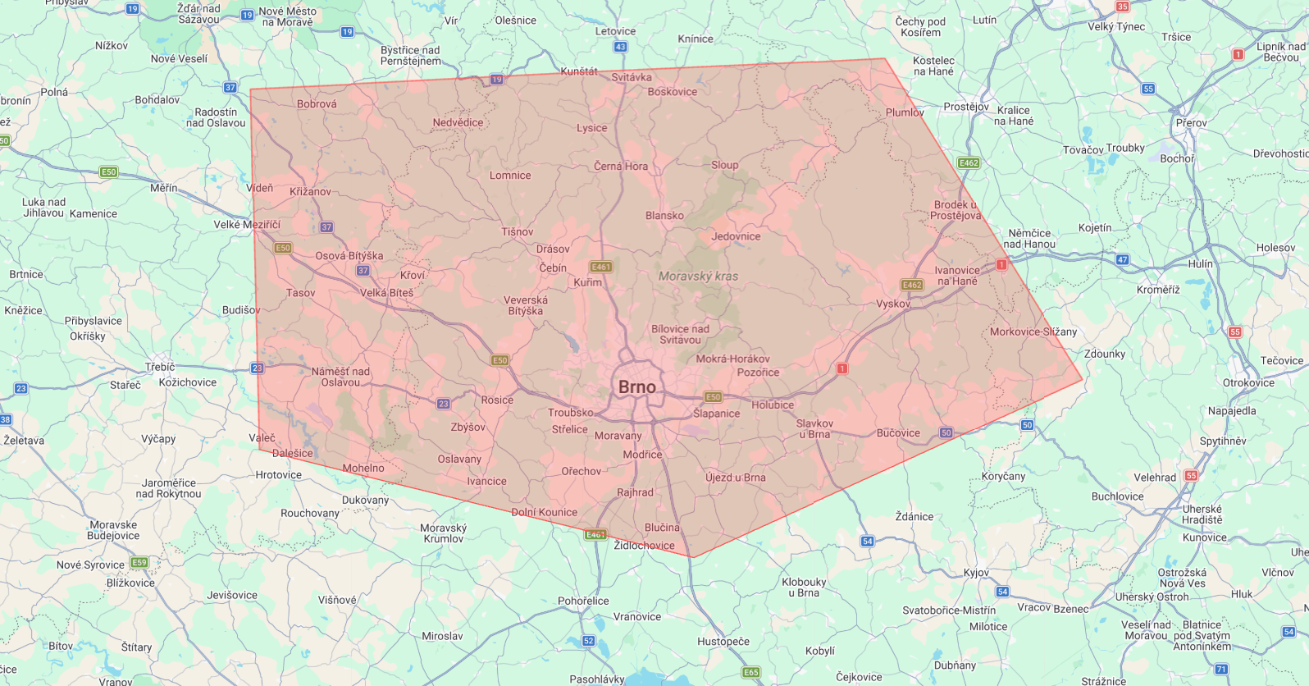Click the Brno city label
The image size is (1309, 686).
[x=637, y=387]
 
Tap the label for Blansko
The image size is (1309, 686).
[x=664, y=216]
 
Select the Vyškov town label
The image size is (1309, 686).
[x=893, y=304]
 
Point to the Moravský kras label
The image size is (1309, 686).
[x=698, y=277]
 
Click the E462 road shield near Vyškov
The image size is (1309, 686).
[x=912, y=285]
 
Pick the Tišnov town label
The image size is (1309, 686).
[x=518, y=232]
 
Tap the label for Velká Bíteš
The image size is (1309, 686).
[x=387, y=293]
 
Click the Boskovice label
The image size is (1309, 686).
[x=673, y=92]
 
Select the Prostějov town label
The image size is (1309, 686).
[x=966, y=107]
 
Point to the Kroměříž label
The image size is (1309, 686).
[x=1158, y=290]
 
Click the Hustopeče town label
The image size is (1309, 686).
[x=723, y=642]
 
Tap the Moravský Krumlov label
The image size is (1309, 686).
[x=443, y=533]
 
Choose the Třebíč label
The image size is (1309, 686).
[x=160, y=367]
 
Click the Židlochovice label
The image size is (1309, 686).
[x=645, y=546]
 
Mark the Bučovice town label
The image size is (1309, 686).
[x=898, y=433]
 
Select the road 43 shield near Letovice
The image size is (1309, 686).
[x=621, y=47]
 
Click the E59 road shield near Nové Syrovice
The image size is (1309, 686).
[x=139, y=563]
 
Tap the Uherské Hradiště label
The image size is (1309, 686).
[x=1202, y=514]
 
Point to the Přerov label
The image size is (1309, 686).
[x=1191, y=123]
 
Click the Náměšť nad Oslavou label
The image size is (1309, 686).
[x=340, y=377]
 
